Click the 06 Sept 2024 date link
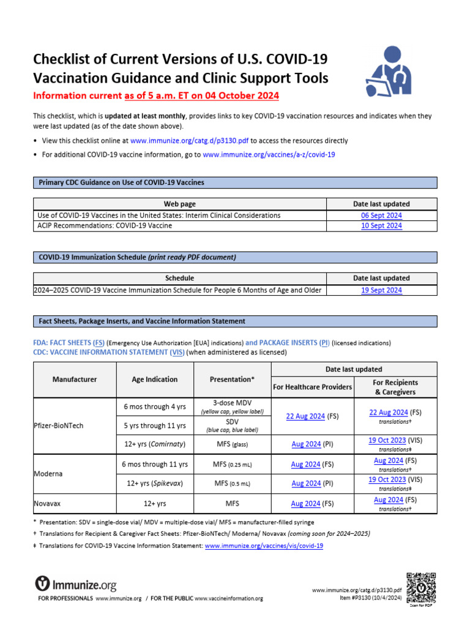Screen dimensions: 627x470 [381, 216]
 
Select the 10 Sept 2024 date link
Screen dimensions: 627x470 [381, 225]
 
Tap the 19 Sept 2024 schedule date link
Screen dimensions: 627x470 [381, 290]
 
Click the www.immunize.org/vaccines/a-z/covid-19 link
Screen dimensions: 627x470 [269, 155]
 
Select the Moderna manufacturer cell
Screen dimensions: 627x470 [49, 474]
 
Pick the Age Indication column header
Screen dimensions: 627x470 [155, 380]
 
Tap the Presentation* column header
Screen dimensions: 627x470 [232, 380]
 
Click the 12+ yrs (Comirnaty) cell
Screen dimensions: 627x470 [155, 444]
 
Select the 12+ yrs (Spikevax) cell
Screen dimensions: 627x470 [155, 484]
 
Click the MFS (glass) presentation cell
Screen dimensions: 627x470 [232, 444]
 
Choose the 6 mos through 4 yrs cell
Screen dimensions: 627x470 [155, 407]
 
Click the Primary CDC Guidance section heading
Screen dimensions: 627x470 [121, 182]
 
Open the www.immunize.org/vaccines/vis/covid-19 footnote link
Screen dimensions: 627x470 [264, 545]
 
